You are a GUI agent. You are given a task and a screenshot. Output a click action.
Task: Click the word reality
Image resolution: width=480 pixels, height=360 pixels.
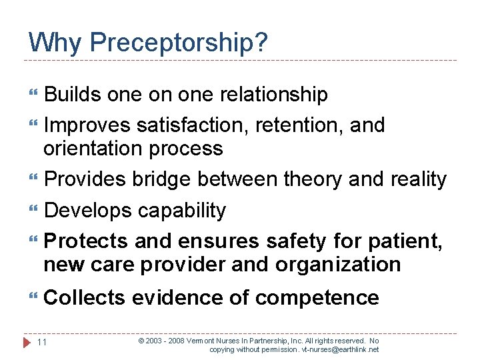pyautogui.click(x=411, y=179)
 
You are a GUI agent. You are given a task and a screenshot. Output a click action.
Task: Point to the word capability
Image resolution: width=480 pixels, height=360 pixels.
pyautogui.click(x=182, y=211)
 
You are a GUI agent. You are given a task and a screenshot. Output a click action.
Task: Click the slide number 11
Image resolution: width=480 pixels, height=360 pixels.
pyautogui.click(x=41, y=342)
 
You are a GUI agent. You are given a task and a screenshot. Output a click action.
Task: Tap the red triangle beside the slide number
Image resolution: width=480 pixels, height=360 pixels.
pyautogui.click(x=27, y=342)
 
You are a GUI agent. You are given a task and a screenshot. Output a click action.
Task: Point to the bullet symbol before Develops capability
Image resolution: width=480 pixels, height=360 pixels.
pyautogui.click(x=33, y=211)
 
